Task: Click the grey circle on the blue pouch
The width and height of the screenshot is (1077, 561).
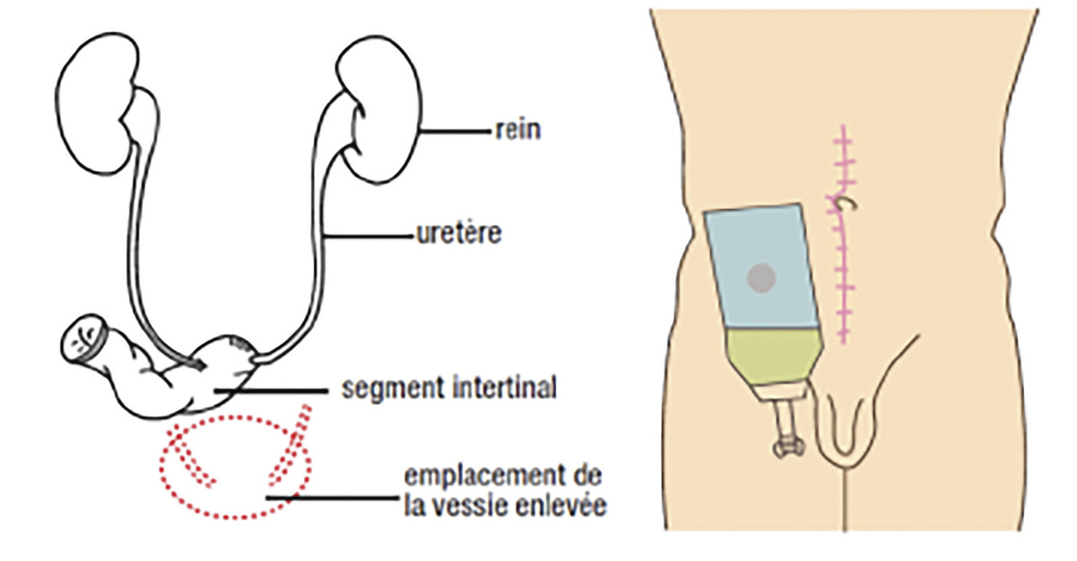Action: pyautogui.click(x=762, y=275)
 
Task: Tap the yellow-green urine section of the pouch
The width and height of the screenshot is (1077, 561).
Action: pyautogui.click(x=771, y=355)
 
